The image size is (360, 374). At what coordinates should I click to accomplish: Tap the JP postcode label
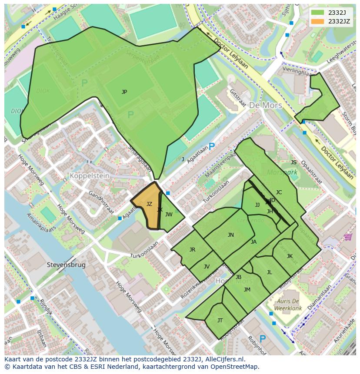(x=124, y=92)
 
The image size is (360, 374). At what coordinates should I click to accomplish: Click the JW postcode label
(x=169, y=215)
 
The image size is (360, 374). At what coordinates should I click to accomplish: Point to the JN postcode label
(x=231, y=235)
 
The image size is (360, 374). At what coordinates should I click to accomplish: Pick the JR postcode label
(x=192, y=250)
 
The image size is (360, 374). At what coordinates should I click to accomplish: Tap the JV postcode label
(x=207, y=267)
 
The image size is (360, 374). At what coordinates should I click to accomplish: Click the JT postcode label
(x=220, y=321)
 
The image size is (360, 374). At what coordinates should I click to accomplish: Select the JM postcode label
(x=247, y=290)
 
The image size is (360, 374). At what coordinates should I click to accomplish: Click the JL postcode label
(x=269, y=272)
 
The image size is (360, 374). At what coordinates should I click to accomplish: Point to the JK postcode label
(x=290, y=256)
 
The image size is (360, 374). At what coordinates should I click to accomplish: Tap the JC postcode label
(x=279, y=192)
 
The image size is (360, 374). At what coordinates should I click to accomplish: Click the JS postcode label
(x=293, y=162)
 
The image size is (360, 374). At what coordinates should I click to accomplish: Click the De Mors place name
(x=265, y=106)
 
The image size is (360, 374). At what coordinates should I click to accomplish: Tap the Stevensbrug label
(x=66, y=265)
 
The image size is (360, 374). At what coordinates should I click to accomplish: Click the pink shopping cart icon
(x=348, y=237)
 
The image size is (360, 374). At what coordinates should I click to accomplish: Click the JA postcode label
(x=253, y=242)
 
